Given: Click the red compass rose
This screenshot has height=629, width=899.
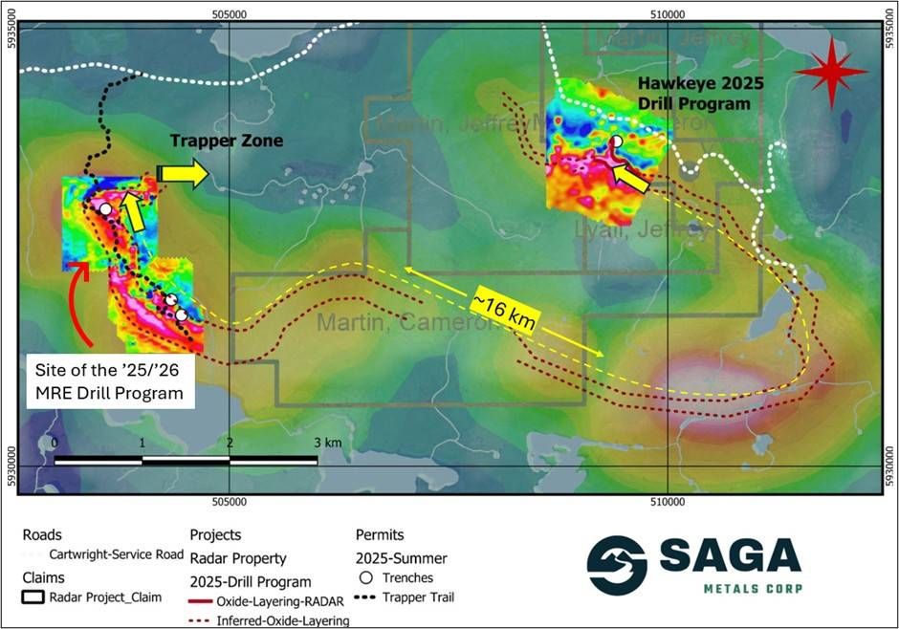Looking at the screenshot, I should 830,72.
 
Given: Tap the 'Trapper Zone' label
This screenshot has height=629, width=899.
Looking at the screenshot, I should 226,141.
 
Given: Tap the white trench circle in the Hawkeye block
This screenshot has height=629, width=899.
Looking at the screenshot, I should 618,141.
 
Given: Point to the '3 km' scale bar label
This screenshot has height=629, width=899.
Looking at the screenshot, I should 326,444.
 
